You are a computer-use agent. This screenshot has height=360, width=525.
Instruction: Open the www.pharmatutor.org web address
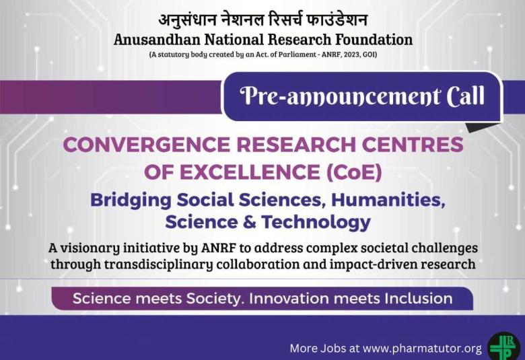pyautogui.click(x=422, y=348)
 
